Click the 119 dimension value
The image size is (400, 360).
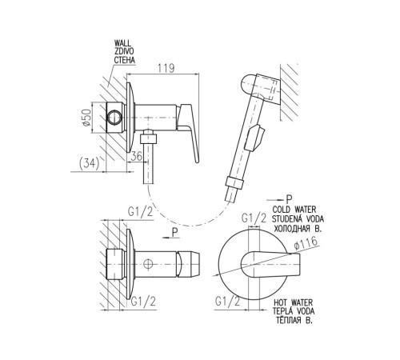(166, 68)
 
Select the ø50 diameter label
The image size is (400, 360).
(86, 118)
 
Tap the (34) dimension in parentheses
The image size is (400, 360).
(89, 163)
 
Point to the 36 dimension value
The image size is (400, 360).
(136, 156)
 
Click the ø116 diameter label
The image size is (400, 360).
(306, 243)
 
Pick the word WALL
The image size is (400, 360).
(122, 43)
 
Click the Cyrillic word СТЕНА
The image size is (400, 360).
(125, 60)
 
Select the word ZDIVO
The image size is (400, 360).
(124, 51)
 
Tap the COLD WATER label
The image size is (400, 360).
(294, 210)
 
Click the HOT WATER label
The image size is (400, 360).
(293, 302)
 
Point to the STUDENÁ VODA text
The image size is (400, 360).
(298, 219)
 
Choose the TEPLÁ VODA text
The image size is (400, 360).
(294, 311)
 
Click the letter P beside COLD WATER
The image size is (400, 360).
(289, 199)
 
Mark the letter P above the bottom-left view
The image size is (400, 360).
(174, 232)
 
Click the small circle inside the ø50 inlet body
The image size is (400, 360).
(115, 118)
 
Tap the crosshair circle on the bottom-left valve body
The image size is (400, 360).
(148, 264)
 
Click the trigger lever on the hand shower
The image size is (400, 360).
(255, 138)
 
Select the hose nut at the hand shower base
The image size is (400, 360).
(234, 182)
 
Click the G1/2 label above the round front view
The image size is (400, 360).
(254, 218)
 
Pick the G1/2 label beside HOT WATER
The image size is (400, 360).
(228, 302)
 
